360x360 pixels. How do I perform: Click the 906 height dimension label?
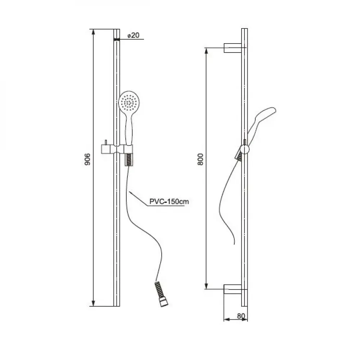pyautogui.click(x=87, y=159)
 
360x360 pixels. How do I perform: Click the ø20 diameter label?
pyautogui.click(x=134, y=35)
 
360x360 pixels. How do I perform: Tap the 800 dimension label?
pyautogui.click(x=200, y=159)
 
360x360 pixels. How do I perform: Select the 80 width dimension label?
pyautogui.click(x=241, y=316)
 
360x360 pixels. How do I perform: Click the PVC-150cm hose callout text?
pyautogui.click(x=169, y=202)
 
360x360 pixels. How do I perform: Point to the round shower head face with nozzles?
pyautogui.click(x=129, y=101)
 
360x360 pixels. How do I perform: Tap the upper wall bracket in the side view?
pyautogui.click(x=233, y=48)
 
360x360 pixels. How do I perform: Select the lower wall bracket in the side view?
pyautogui.click(x=233, y=289)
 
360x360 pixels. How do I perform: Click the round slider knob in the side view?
pyautogui.click(x=245, y=149)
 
